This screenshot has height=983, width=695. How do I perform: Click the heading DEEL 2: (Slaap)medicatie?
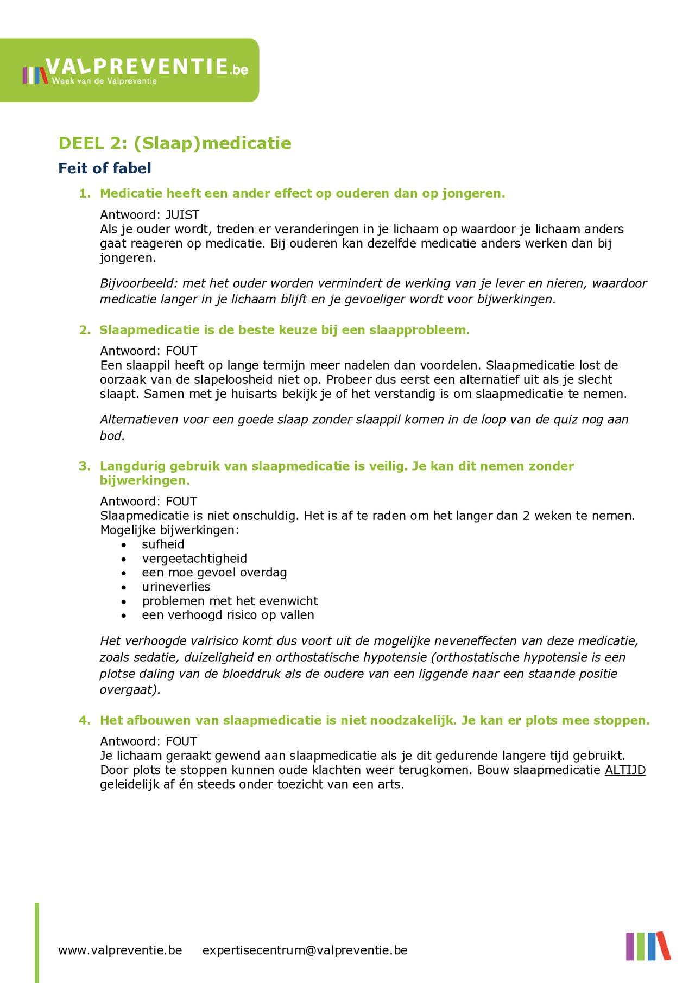click(x=175, y=143)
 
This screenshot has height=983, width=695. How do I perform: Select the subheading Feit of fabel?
click(x=105, y=168)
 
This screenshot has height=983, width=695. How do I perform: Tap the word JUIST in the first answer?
click(x=182, y=215)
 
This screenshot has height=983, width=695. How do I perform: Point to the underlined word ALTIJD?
click(x=625, y=770)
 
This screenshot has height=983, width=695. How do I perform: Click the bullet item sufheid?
click(x=163, y=544)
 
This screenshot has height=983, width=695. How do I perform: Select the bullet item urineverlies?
click(x=176, y=587)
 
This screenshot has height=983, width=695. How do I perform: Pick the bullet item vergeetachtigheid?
click(x=194, y=559)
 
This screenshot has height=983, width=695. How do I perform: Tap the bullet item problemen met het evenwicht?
click(x=230, y=601)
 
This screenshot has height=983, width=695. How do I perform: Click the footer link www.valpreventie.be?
click(x=120, y=950)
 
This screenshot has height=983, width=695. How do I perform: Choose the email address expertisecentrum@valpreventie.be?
click(x=305, y=950)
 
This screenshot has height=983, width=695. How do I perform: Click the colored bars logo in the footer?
click(x=648, y=946)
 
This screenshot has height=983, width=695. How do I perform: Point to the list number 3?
click(x=85, y=466)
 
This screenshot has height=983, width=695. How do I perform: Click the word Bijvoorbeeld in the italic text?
click(x=138, y=283)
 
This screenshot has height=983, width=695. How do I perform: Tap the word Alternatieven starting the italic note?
click(x=142, y=420)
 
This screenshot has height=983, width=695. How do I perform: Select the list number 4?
click(x=85, y=721)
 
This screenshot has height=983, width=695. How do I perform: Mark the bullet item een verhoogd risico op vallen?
click(x=228, y=615)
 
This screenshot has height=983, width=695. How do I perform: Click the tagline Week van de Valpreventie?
click(x=104, y=81)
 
